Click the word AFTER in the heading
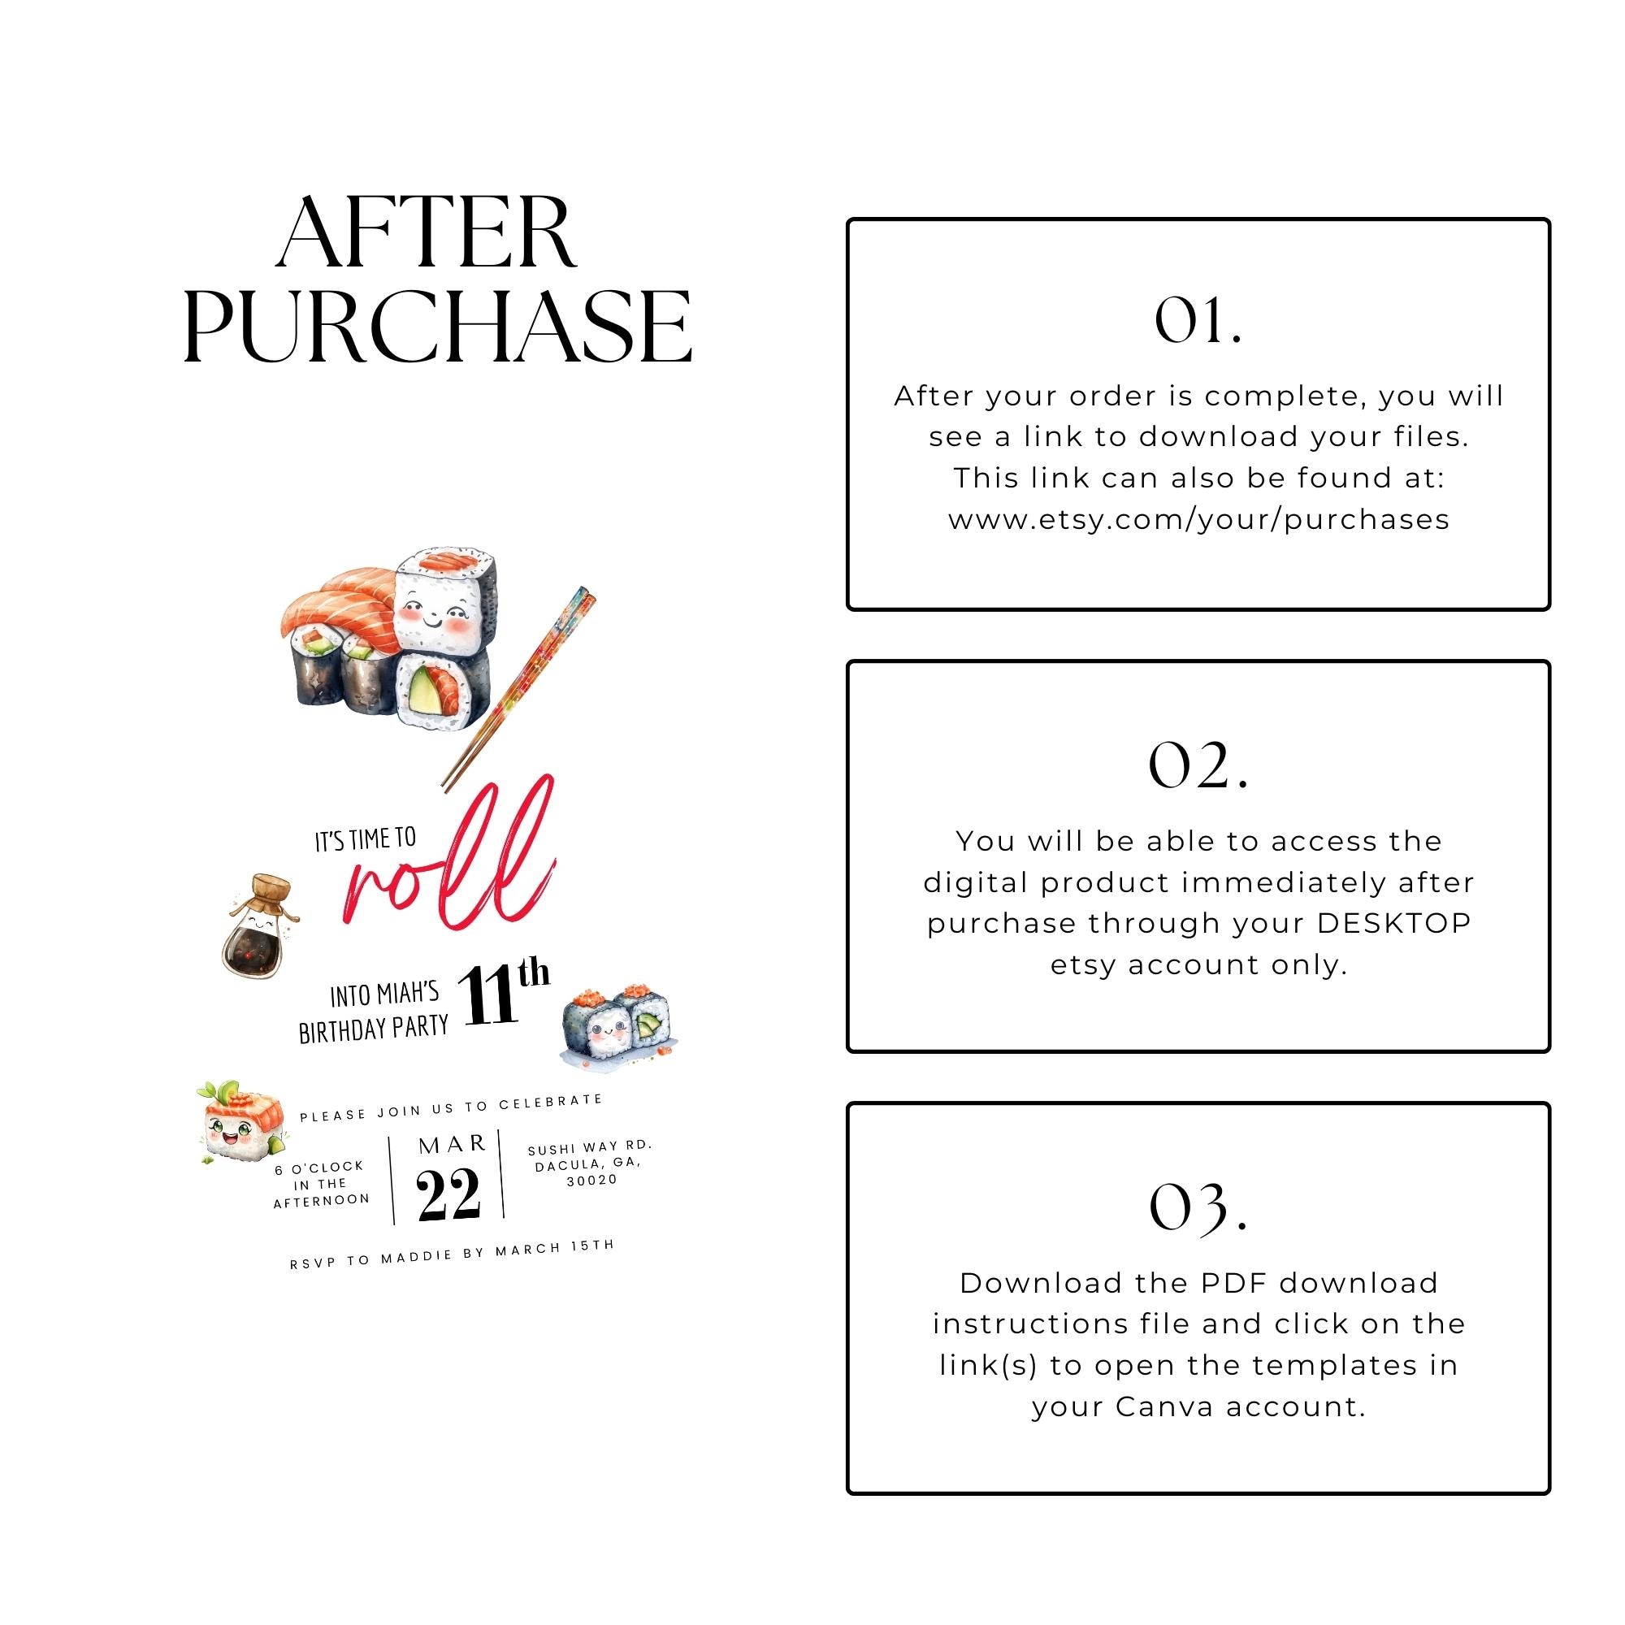427,233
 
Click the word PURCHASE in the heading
437,327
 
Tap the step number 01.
1197,321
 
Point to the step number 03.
1197,1208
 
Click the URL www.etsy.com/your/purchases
1198,520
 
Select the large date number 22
448,1194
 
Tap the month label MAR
453,1145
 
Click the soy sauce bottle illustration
257,929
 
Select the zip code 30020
591,1180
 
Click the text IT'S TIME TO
365,839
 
